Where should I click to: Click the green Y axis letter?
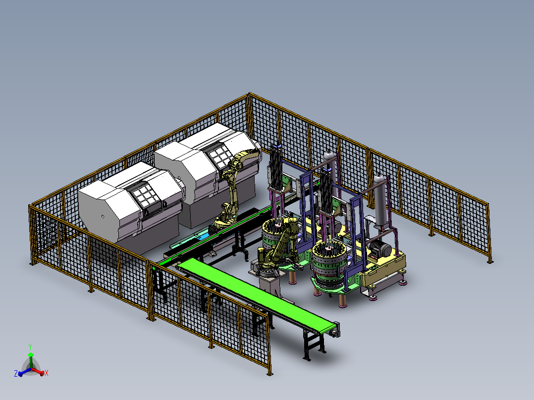coord(30,347)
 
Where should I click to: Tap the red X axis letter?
coord(47,373)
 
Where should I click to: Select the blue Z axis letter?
coord(16,373)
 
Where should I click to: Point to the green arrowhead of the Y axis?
coord(31,355)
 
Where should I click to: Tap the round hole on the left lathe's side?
coord(103,216)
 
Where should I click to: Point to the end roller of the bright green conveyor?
coord(335,329)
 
